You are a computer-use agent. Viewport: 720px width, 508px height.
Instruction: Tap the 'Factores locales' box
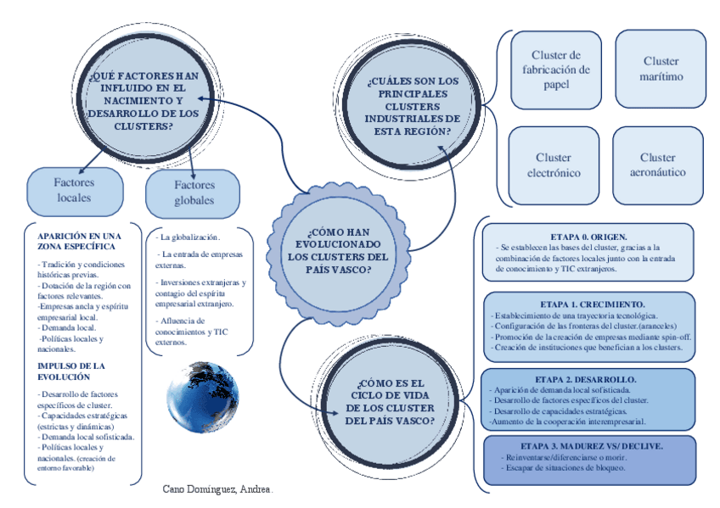74,190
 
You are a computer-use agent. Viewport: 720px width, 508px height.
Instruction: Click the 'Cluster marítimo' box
661,69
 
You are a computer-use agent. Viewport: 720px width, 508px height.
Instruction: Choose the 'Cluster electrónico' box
553,165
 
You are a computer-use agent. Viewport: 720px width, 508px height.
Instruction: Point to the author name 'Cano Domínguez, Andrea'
217,490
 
